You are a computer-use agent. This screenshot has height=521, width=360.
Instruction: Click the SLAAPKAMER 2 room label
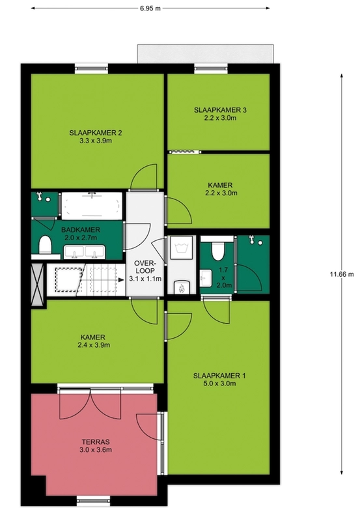point(95,133)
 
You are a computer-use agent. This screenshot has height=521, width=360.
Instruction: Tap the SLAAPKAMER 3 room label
point(220,110)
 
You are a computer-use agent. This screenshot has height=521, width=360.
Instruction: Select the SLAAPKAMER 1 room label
point(219,376)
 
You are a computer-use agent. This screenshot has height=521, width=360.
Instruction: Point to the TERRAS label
point(96,442)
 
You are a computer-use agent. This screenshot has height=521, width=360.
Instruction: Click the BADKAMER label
point(80,230)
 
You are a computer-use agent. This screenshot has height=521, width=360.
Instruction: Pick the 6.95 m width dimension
point(150,8)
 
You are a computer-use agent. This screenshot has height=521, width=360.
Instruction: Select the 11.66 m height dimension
point(342,274)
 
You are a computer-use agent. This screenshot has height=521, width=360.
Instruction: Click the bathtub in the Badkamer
point(91,205)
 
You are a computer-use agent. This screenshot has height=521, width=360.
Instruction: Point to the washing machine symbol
point(182,248)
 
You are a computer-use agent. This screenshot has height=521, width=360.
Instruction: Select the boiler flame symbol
point(182,287)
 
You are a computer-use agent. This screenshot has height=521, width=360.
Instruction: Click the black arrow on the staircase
point(121,280)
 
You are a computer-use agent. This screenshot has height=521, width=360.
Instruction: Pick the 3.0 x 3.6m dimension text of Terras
point(96,450)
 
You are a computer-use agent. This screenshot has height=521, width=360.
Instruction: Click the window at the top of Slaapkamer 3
point(211,69)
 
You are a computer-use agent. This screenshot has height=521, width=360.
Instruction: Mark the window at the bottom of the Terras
point(94,501)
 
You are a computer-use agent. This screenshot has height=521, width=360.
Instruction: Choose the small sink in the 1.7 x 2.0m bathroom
point(206,277)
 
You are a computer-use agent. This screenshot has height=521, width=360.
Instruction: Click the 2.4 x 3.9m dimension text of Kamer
point(94,345)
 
